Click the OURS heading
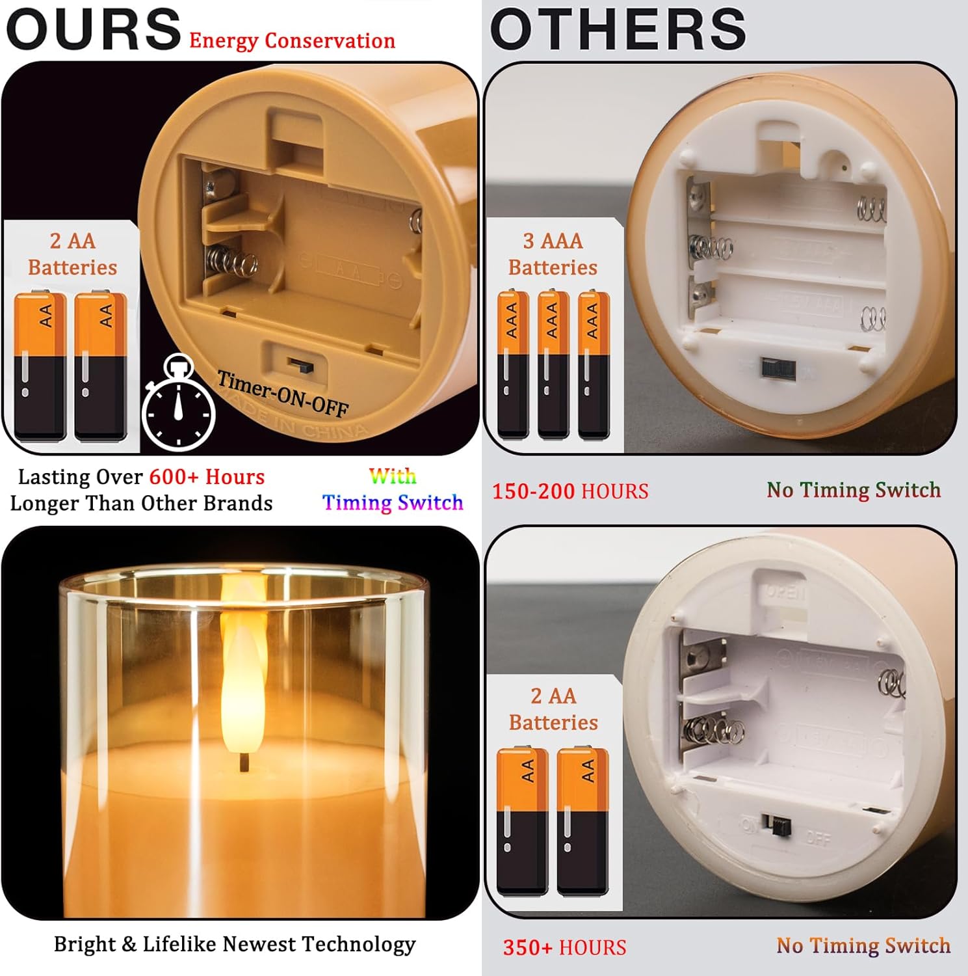point(94,29)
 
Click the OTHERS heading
point(618,29)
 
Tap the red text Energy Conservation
point(292,40)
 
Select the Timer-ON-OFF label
point(283,393)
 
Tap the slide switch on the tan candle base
point(300,366)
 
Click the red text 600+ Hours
point(207,477)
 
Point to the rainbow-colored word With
point(393,476)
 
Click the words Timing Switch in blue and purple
point(393,502)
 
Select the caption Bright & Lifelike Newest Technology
point(235,944)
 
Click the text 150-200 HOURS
point(570,491)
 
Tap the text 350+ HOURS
point(565,947)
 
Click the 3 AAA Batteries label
point(553,254)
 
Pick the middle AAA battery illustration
point(553,364)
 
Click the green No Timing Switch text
point(854,490)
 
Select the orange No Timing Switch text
point(863,945)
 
